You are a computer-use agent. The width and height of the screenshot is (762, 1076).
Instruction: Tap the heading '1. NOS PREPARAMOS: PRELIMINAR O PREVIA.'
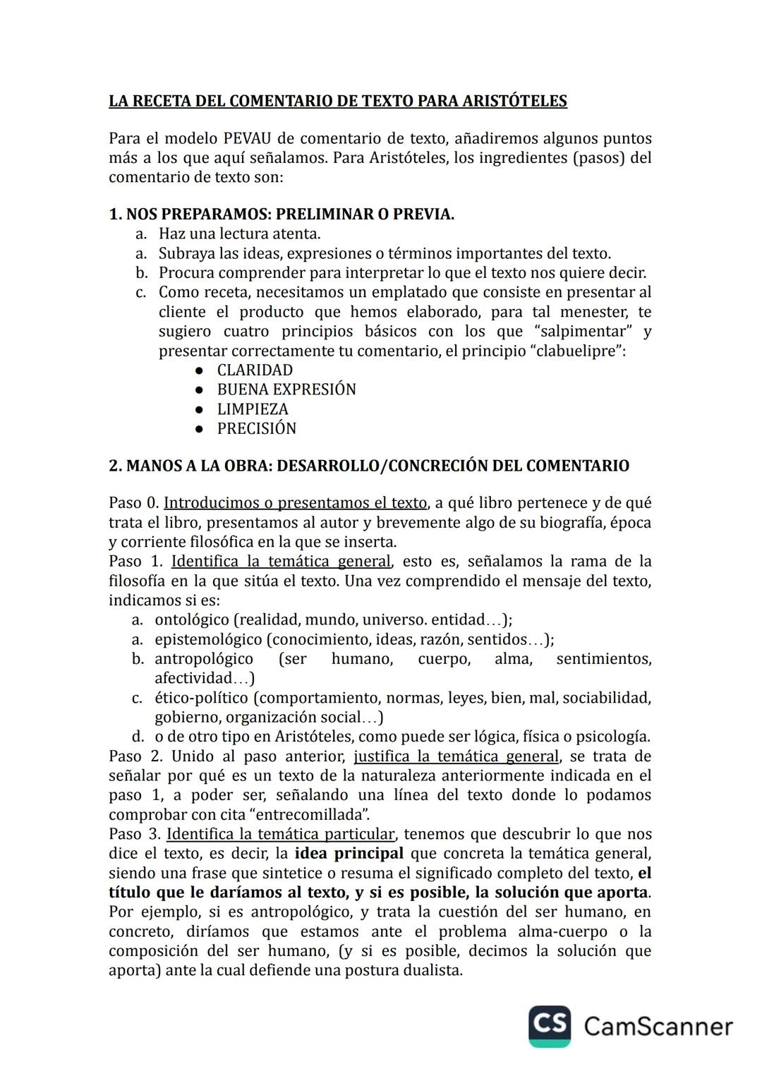(282, 214)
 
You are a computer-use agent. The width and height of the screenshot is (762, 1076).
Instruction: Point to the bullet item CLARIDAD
(255, 370)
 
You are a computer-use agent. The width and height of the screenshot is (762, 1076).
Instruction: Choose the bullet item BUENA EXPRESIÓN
(286, 389)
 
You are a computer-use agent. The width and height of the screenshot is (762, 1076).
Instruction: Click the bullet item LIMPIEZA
(253, 409)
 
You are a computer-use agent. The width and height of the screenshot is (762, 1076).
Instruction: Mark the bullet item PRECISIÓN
(257, 428)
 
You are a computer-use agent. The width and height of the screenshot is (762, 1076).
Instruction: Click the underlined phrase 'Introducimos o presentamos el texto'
(296, 503)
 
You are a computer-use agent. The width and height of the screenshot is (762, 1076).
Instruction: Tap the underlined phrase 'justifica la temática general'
(456, 756)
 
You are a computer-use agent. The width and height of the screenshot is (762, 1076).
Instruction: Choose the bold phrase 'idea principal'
(349, 854)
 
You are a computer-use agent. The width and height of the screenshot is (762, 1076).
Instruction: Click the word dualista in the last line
(434, 970)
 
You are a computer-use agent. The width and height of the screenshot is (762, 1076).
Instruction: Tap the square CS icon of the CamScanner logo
(550, 1026)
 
